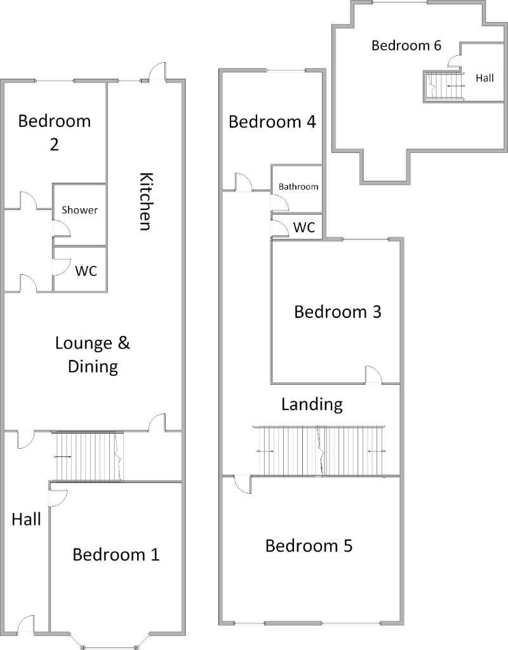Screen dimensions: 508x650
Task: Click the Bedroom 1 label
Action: coord(116,554)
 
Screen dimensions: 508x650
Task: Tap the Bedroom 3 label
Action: coord(338,312)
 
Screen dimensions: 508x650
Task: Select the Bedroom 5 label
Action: coord(309,545)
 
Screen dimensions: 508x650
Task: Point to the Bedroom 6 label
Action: coord(406,45)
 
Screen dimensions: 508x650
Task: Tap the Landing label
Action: coord(312,404)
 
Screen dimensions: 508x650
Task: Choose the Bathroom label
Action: coord(298,187)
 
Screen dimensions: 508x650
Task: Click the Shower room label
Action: coord(79,209)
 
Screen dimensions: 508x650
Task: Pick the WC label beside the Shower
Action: coord(86,271)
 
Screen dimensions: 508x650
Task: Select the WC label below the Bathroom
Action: coord(304,227)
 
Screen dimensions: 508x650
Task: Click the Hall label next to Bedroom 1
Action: coord(26,519)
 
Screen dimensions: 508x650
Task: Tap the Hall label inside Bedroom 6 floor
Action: coord(485,78)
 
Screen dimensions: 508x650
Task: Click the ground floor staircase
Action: coord(87,456)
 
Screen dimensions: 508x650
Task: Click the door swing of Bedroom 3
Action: coord(373,375)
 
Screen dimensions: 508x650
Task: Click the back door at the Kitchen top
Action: coord(157,70)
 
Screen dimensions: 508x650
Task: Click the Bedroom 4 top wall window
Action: coord(286,71)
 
